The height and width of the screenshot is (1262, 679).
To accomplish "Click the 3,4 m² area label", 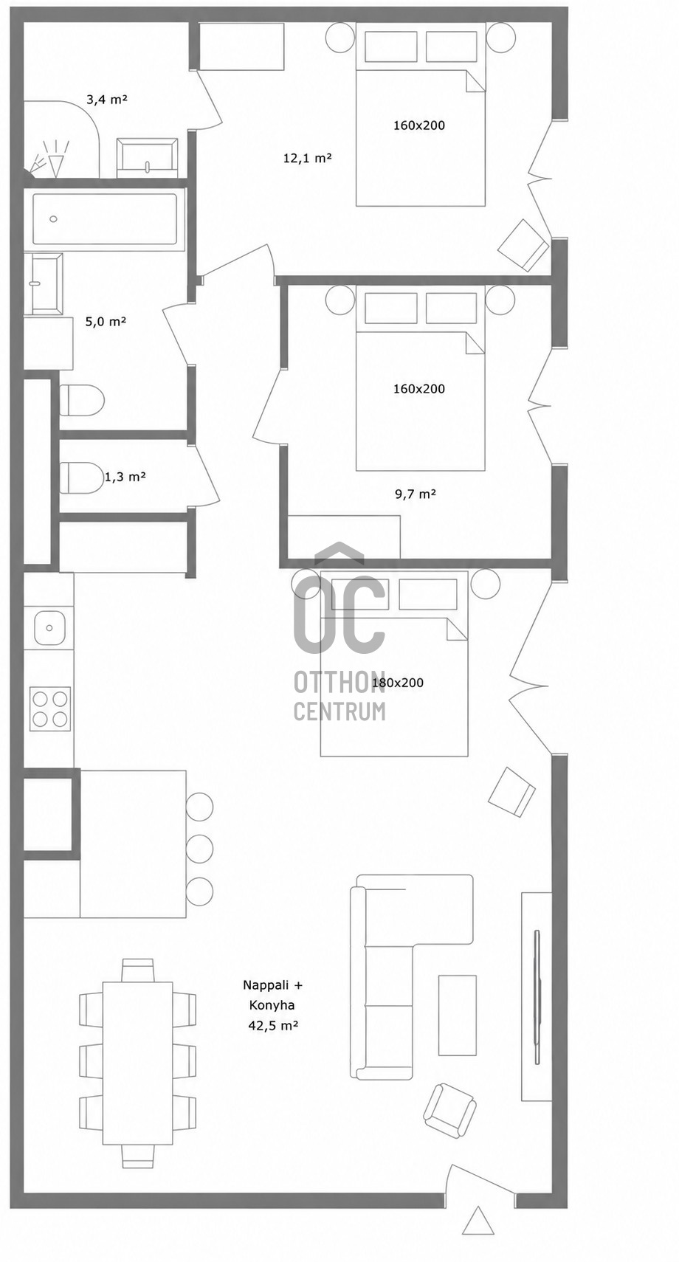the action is coord(106,100).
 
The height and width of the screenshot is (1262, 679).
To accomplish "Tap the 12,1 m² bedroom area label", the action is coord(307,159).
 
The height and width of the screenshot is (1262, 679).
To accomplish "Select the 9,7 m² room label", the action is coord(416,494).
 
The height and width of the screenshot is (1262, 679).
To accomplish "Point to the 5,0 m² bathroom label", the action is coord(106,322).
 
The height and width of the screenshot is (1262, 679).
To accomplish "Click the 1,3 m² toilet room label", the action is coord(125,477).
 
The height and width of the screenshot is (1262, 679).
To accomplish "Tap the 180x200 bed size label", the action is coord(398,683).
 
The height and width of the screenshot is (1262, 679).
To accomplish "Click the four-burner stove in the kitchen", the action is coord(50,708).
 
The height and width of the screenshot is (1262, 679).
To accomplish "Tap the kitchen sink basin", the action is coord(49,627).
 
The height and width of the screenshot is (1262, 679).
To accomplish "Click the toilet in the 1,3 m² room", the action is coord(82,477).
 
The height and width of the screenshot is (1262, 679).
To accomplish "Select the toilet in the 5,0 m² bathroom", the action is coord(82,400).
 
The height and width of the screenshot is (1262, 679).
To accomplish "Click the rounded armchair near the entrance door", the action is coord(449,1110).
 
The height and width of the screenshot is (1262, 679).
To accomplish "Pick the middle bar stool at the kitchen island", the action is coord(199,848).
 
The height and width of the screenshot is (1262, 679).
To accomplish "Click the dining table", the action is coord(137,1047).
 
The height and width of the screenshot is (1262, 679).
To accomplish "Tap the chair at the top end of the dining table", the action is coord(137,970).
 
